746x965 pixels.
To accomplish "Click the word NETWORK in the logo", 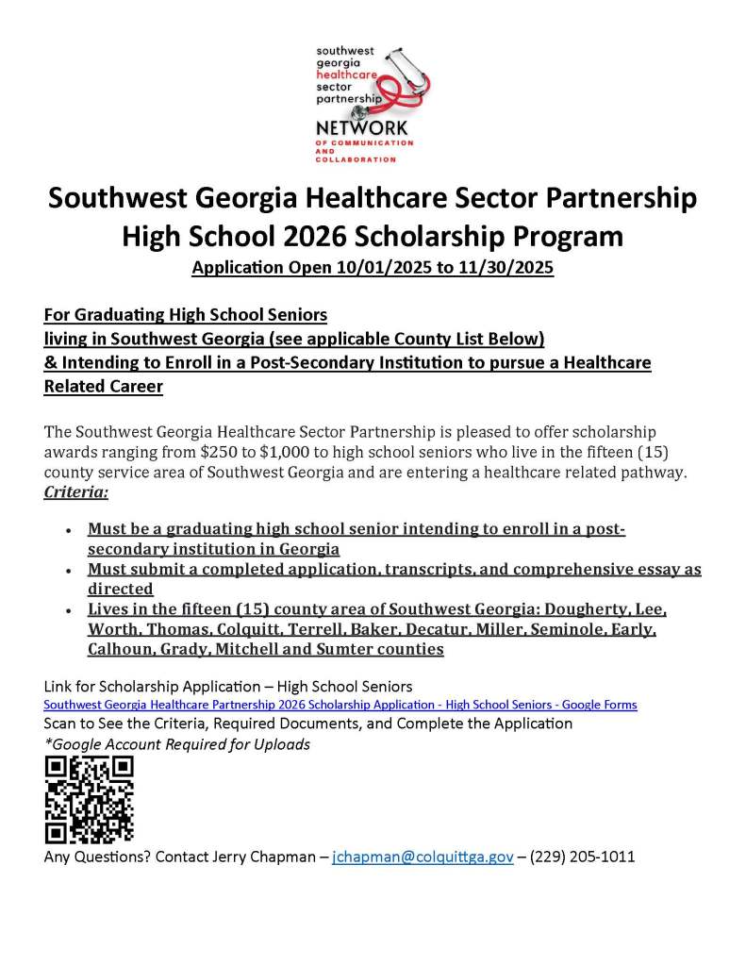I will click(x=362, y=127).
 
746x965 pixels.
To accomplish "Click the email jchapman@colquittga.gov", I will click(x=423, y=857).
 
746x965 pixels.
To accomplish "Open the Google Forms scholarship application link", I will click(x=340, y=705).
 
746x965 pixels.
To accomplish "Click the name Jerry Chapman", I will click(x=268, y=857).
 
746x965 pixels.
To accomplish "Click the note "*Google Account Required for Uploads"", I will click(x=177, y=744).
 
